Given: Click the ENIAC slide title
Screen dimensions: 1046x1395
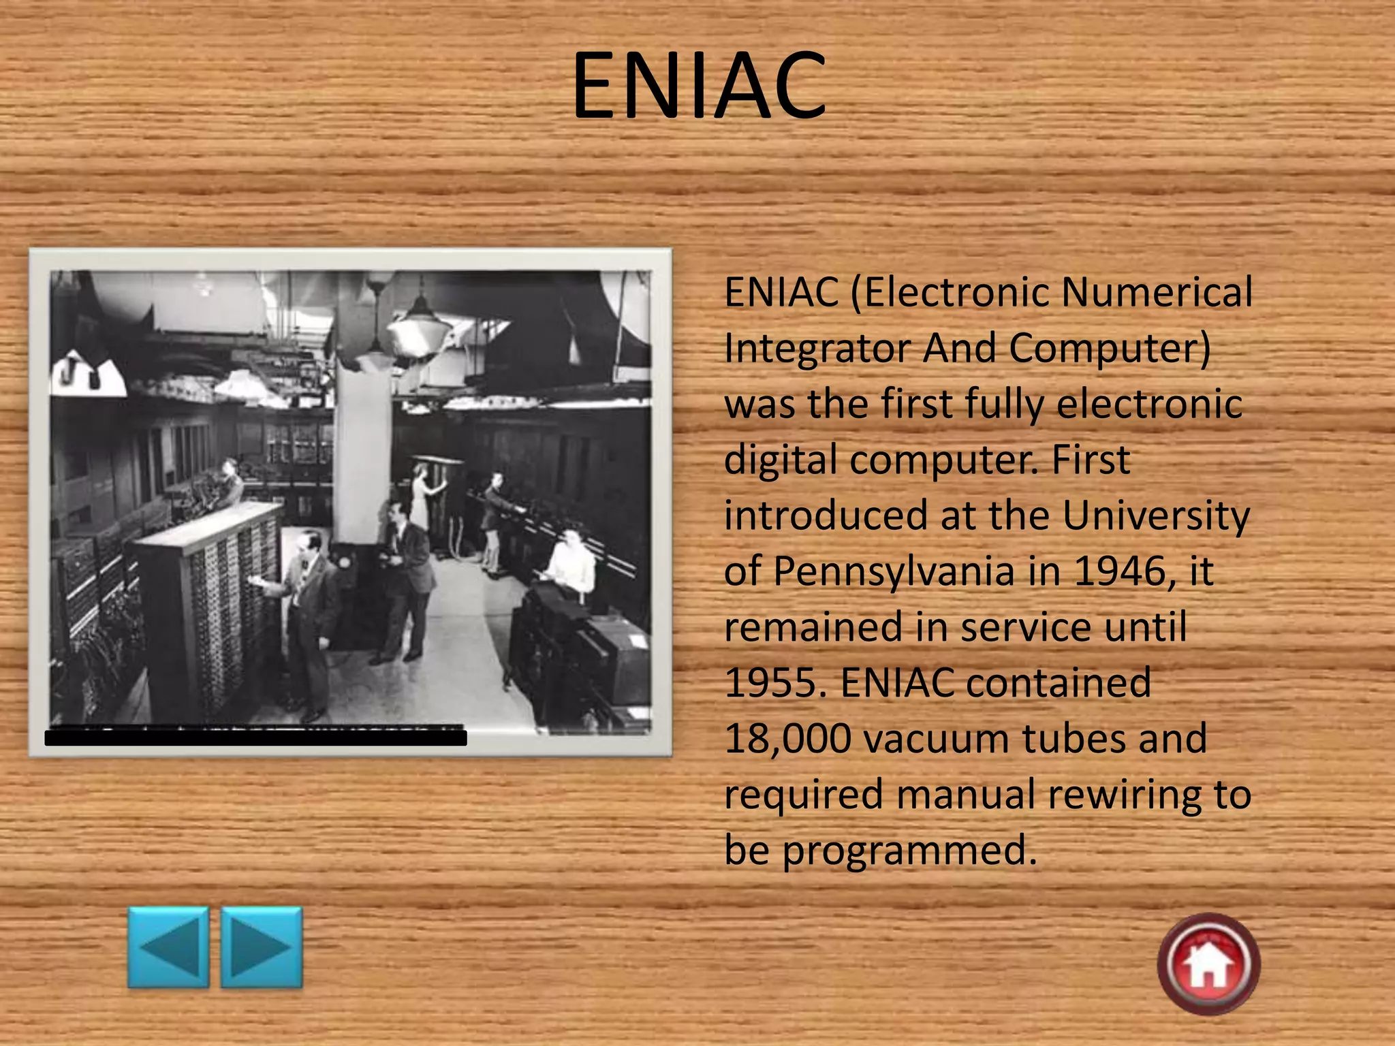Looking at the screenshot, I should point(698,85).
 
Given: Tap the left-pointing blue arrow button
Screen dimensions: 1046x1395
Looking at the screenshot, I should point(168,947).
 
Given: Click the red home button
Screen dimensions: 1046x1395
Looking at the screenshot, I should point(1208,964).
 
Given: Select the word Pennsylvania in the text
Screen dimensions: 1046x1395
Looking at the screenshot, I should point(893,571).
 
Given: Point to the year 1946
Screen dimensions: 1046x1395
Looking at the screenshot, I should point(1124,571).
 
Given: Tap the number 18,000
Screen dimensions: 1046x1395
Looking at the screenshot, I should point(787,738).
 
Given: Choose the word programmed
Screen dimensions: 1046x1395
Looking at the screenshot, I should point(909,850).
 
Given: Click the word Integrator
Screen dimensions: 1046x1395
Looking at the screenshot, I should point(817,348).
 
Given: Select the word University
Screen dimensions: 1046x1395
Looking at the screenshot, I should point(1156,516).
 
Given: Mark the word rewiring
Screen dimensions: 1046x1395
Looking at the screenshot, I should point(1125,794).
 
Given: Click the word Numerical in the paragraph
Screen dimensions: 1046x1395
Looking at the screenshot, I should point(1157,292).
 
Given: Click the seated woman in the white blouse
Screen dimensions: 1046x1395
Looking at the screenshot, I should point(571,562).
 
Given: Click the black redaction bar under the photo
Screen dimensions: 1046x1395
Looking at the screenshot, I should point(255,737).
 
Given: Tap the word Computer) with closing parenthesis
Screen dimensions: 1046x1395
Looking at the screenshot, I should point(1110,348).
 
